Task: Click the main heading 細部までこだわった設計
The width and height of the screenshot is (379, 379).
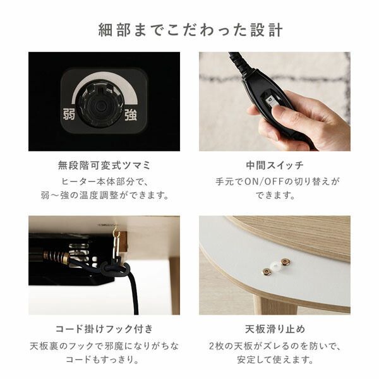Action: click(x=189, y=30)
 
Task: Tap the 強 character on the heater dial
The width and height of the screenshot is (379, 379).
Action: click(x=130, y=115)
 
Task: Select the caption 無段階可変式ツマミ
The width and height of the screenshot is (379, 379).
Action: click(x=104, y=166)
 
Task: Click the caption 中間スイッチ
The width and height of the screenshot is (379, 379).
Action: click(x=274, y=166)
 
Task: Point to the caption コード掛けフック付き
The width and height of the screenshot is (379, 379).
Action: click(x=104, y=330)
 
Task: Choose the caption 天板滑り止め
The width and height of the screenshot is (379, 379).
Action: click(x=274, y=330)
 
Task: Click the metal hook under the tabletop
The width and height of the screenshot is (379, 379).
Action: click(x=116, y=236)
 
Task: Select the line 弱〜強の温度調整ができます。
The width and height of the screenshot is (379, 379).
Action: click(x=104, y=196)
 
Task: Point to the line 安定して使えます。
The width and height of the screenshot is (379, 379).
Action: click(x=274, y=360)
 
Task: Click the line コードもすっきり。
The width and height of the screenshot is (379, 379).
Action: click(x=104, y=360)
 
